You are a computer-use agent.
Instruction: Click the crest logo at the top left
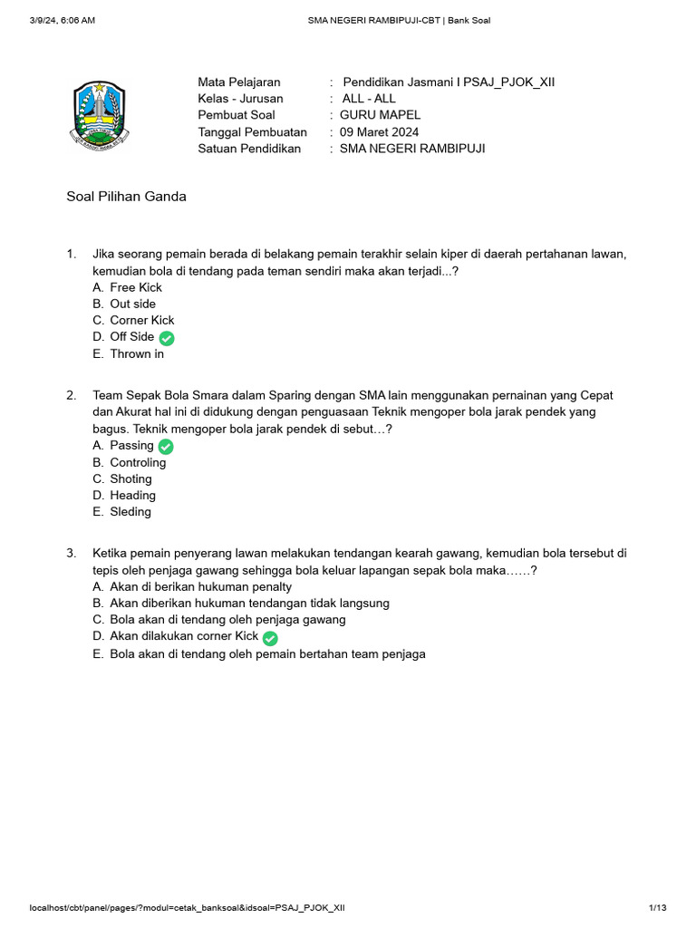[100, 114]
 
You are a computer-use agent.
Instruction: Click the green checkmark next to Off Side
[167, 338]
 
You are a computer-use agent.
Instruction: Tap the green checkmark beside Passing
[166, 447]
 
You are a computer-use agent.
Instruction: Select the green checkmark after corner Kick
[270, 638]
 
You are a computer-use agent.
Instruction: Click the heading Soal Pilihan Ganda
[127, 197]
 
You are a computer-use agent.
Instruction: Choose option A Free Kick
[136, 287]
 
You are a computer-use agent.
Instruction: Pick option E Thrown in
[137, 353]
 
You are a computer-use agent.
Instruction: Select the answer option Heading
[132, 495]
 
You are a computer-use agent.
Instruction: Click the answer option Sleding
[130, 511]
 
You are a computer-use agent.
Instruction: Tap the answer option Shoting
[130, 478]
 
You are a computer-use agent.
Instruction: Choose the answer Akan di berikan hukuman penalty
[200, 586]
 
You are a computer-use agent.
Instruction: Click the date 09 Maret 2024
[379, 131]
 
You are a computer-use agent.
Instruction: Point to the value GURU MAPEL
[380, 115]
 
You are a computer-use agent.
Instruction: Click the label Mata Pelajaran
[239, 82]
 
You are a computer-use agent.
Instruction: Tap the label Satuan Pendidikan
[249, 148]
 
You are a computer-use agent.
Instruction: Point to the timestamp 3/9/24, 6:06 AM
[63, 20]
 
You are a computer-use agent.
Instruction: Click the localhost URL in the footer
[187, 907]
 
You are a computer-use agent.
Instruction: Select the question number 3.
[71, 553]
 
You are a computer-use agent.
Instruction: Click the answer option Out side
[132, 304]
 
